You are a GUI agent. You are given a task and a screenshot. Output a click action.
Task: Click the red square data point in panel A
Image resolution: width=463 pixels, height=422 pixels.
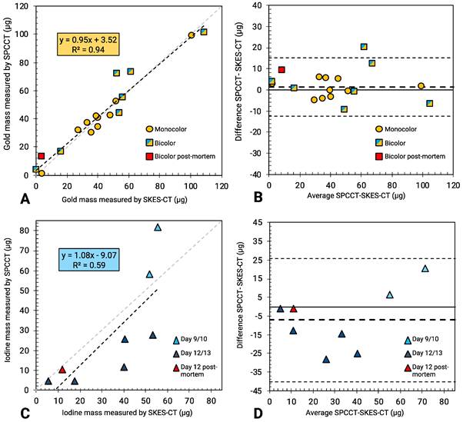click(42, 156)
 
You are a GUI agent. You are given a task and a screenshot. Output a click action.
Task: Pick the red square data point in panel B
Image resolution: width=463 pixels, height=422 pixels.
click(282, 70)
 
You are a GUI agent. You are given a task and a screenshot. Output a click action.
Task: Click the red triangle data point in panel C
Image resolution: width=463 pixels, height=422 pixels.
click(62, 370)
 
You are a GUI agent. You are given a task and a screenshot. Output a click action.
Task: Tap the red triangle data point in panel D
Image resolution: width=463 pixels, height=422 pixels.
click(293, 309)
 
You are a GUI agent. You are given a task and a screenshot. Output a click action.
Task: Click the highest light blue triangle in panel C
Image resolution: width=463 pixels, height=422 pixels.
click(158, 228)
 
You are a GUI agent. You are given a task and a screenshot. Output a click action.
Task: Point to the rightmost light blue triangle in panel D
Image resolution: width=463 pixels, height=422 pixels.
click(425, 268)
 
